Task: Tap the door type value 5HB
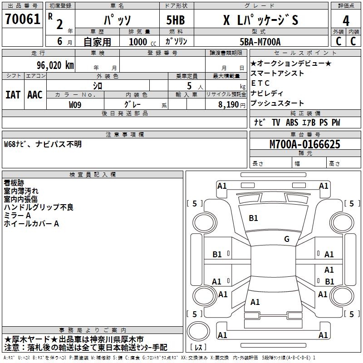tap(176, 20)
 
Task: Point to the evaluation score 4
tap(346, 21)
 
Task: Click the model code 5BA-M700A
tap(260, 42)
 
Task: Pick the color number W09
tap(75, 104)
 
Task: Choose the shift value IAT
tap(13, 94)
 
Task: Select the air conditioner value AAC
tap(35, 94)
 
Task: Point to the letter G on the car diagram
tap(287, 239)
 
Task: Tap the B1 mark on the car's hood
tap(253, 218)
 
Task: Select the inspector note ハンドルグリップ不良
tap(39, 207)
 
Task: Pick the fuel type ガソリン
tap(177, 41)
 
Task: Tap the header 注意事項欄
tap(125, 134)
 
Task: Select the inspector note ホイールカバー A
tap(31, 223)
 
